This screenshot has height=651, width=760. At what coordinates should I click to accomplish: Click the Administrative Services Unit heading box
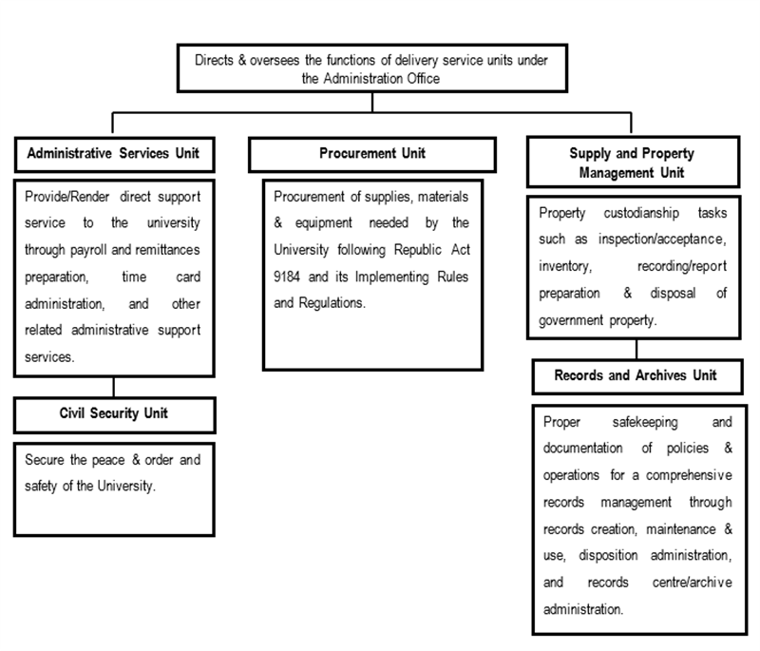(x=114, y=155)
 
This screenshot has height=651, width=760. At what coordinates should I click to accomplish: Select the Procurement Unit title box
(x=372, y=155)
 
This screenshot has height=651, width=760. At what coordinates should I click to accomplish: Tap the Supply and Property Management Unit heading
(x=633, y=162)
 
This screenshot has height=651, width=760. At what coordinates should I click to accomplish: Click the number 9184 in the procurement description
(x=287, y=277)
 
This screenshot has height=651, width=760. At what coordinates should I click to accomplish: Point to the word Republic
(x=417, y=250)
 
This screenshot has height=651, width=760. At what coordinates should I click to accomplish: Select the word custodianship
(x=640, y=213)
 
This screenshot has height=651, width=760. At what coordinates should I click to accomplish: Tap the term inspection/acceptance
(x=662, y=239)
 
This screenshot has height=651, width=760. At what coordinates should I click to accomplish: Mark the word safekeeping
(x=645, y=422)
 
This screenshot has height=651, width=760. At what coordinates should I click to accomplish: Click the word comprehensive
(x=689, y=475)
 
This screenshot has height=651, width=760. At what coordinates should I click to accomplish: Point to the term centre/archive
(x=693, y=583)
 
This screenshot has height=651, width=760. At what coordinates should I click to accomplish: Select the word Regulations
(x=332, y=303)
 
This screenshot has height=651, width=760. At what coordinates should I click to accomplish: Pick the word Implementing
(x=391, y=278)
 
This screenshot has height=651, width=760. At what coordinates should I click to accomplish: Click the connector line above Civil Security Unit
(x=114, y=387)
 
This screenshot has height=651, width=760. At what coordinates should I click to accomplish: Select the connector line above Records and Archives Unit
(x=636, y=349)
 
